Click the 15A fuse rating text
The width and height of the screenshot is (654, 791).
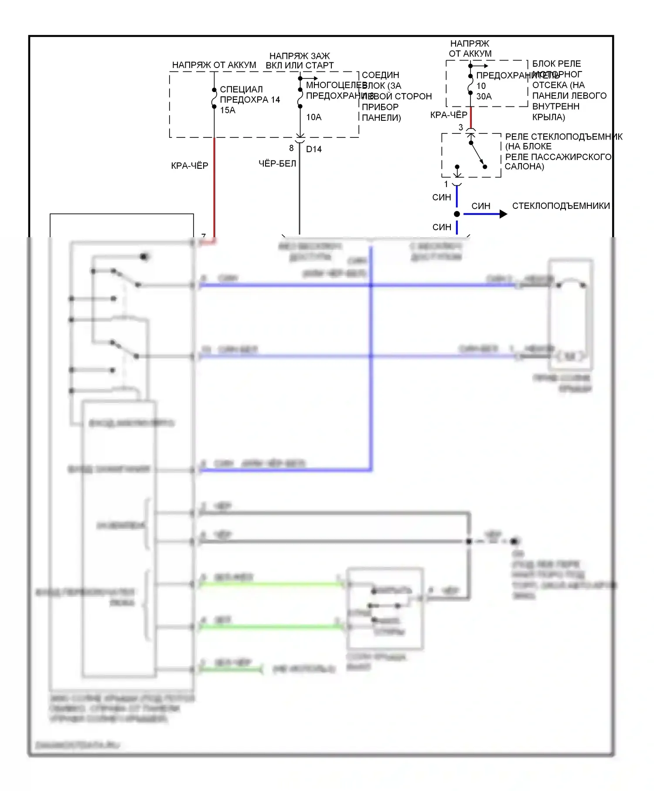coord(228,110)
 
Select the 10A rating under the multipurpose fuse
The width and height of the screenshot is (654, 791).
coord(313,117)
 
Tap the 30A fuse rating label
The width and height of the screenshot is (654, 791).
coord(484,96)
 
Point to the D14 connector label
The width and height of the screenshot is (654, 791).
coord(313,149)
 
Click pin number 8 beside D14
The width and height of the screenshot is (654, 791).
coord(291,148)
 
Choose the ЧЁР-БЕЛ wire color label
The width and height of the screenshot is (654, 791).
coord(277,164)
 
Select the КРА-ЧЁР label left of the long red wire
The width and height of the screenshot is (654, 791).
coord(190,166)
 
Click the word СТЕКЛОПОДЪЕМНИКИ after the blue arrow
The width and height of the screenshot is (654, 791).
coord(561,206)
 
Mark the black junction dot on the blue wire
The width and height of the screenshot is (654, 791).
coord(457,214)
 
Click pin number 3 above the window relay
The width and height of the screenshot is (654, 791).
coord(461,127)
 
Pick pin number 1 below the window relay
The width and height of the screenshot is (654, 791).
coord(446,184)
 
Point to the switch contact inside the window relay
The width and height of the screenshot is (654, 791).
coord(477,155)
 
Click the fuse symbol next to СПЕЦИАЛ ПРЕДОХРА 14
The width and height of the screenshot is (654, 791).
coord(214,99)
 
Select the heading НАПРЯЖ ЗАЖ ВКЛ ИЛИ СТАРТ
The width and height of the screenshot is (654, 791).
coord(300,61)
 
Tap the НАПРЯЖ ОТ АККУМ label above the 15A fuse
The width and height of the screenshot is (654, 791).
coord(214,65)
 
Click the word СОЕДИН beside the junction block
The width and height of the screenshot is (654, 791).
coord(380,75)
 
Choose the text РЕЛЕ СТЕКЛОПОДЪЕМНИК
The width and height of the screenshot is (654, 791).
coord(564,136)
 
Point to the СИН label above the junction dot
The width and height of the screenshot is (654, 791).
coord(442,198)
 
